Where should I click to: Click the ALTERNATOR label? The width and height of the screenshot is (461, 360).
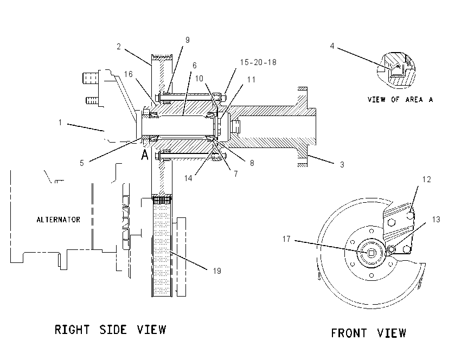pyautogui.click(x=58, y=220)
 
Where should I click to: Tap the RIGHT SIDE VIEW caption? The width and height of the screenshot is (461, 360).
pyautogui.click(x=111, y=330)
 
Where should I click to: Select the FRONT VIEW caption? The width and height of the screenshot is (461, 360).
pyautogui.click(x=368, y=333)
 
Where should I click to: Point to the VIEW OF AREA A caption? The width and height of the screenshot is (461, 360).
pyautogui.click(x=400, y=100)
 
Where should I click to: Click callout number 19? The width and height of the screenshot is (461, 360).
pyautogui.click(x=217, y=271)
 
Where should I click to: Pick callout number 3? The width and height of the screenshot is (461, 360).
pyautogui.click(x=342, y=165)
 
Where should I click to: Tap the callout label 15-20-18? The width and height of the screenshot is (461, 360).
pyautogui.click(x=258, y=62)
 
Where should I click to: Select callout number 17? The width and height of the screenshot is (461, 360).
pyautogui.click(x=286, y=239)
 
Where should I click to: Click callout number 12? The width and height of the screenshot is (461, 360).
pyautogui.click(x=427, y=179)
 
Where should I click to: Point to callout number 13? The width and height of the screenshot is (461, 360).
pyautogui.click(x=436, y=220)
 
